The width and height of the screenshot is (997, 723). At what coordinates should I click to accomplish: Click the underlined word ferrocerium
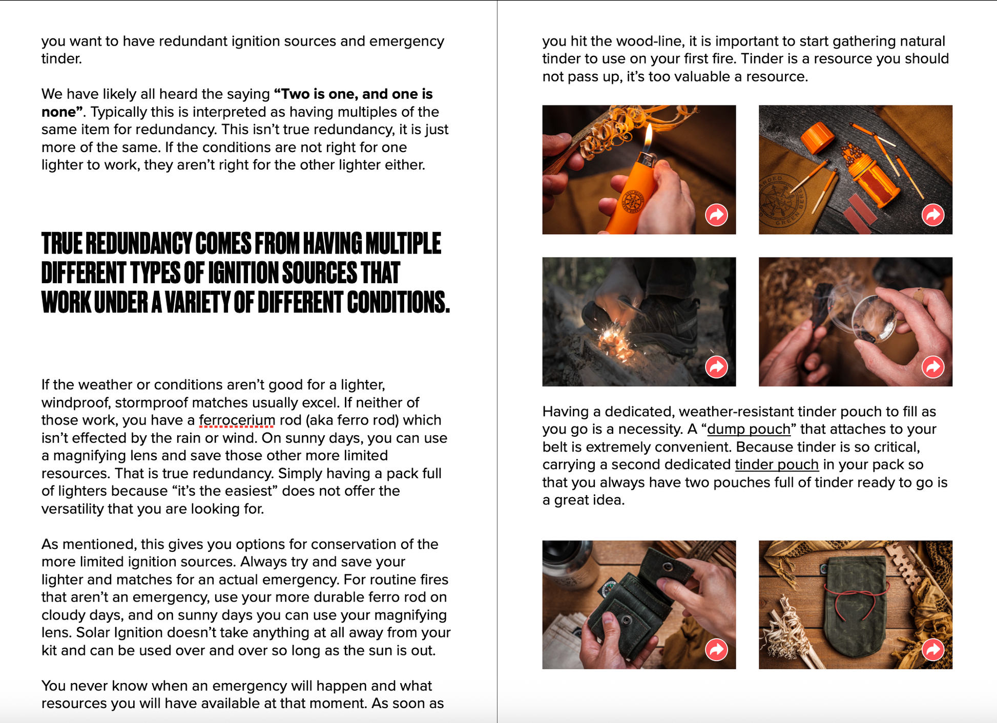tap(237, 420)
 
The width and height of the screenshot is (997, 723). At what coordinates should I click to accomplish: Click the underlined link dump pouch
tap(749, 429)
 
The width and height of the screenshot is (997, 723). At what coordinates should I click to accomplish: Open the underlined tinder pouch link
tap(777, 464)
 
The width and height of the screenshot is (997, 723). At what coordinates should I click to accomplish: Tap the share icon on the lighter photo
tap(716, 215)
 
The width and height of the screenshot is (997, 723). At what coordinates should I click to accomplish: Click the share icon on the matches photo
tap(933, 215)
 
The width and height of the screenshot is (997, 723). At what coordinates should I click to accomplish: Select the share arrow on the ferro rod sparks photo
tap(716, 367)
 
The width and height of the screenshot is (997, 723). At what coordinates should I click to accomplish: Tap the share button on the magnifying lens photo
tap(933, 367)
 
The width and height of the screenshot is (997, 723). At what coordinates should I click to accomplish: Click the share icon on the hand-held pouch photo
tap(716, 650)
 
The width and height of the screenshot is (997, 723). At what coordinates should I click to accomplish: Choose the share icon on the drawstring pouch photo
tap(933, 650)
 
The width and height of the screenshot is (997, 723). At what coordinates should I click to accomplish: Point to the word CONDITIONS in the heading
tap(398, 302)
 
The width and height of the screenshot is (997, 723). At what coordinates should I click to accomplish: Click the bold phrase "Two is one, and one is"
tap(354, 94)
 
